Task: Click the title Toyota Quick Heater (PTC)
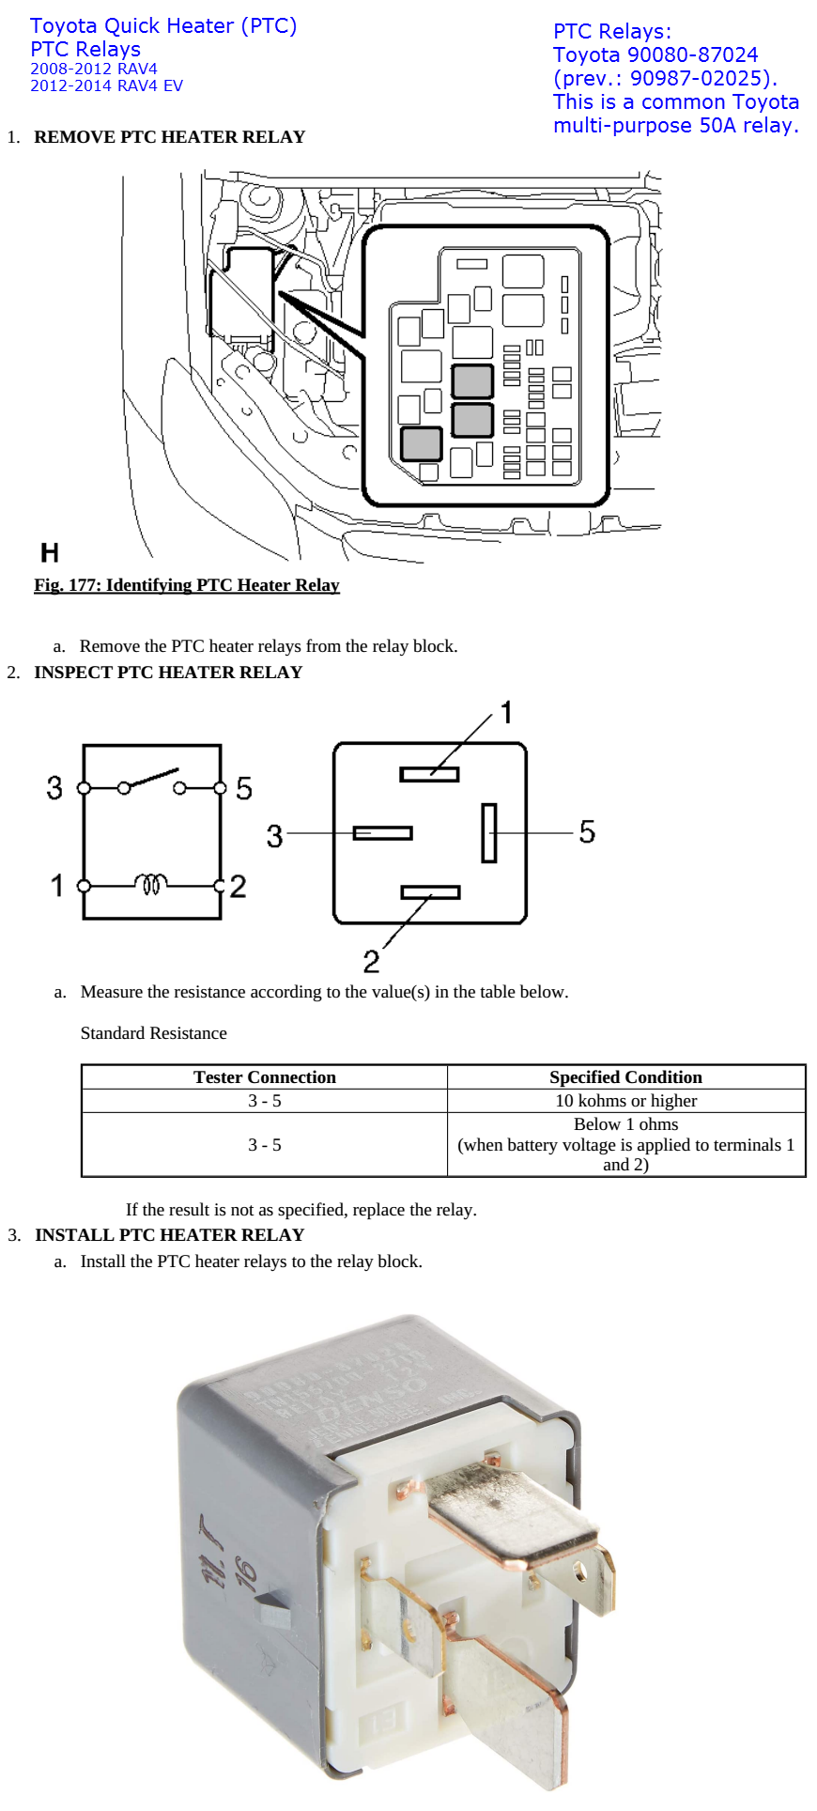click(x=163, y=26)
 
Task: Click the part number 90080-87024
click(x=692, y=55)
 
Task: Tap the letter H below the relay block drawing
click(x=50, y=552)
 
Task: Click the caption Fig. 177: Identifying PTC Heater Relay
click(x=187, y=585)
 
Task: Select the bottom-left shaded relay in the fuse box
click(x=422, y=443)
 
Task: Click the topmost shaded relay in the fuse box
click(x=472, y=381)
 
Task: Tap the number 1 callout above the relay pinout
click(x=506, y=713)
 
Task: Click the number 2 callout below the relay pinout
click(x=372, y=961)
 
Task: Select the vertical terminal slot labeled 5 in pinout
click(x=489, y=832)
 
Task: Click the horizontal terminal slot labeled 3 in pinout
click(x=382, y=833)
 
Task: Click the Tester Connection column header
click(x=264, y=1077)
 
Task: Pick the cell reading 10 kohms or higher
click(x=625, y=1101)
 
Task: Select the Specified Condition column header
click(x=625, y=1077)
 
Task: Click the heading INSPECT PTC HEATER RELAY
click(x=168, y=673)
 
